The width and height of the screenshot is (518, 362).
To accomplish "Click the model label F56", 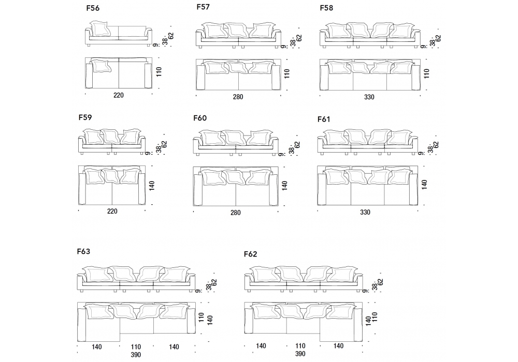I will click(94, 8).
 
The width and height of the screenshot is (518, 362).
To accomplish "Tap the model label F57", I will click(204, 7).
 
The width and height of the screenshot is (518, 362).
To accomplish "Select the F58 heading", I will click(326, 8).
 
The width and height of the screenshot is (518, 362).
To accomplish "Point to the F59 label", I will click(85, 117).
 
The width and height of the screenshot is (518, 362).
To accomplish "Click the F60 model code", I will click(200, 118).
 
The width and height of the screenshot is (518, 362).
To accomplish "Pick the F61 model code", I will click(324, 119).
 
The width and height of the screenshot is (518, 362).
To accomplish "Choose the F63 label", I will click(83, 252).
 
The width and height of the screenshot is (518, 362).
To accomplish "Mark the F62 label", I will click(250, 254).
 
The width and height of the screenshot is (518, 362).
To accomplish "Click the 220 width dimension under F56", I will click(119, 95).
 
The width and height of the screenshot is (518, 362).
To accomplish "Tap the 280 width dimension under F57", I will click(238, 97).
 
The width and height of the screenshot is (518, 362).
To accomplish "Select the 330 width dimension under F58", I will click(369, 97).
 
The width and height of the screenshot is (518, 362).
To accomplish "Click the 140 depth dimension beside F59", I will click(152, 186).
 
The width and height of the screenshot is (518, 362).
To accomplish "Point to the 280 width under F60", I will click(236, 212).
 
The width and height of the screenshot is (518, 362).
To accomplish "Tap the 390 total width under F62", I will click(299, 354).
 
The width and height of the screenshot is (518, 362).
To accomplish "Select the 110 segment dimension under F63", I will click(136, 346).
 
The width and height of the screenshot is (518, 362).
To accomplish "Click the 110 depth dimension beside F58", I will click(427, 73).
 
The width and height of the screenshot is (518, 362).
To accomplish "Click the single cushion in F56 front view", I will click(100, 29).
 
